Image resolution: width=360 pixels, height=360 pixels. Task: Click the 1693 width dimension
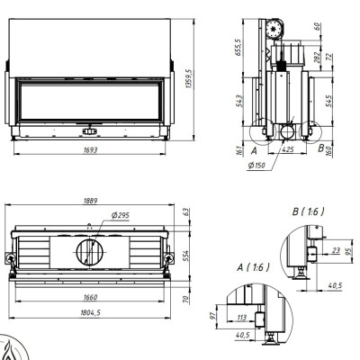90,149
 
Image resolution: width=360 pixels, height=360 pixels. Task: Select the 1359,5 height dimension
189,78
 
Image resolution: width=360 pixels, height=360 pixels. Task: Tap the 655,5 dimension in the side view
238,47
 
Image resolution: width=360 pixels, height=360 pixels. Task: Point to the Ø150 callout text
257,165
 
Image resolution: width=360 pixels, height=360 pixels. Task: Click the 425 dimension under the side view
288,149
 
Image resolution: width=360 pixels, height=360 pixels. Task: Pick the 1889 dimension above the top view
90,201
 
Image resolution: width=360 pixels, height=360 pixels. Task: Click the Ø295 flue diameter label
120,215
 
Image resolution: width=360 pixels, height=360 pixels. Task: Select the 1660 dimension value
90,297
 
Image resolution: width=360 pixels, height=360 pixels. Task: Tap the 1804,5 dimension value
90,312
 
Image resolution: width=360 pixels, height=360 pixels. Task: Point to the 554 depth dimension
186,256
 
